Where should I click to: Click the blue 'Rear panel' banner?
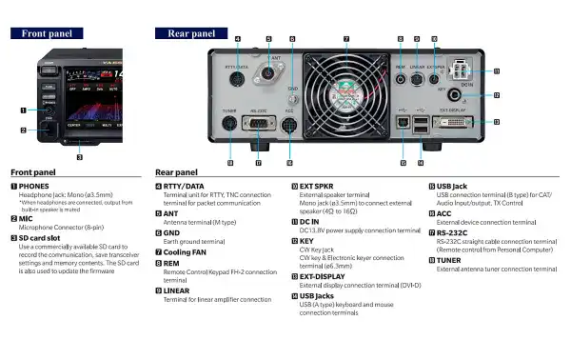[190, 32]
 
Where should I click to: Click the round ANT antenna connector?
[267, 73]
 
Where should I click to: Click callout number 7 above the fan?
[345, 39]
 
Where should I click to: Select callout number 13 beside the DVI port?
[498, 122]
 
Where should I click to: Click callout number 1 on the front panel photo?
[22, 110]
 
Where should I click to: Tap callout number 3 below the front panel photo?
[79, 157]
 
